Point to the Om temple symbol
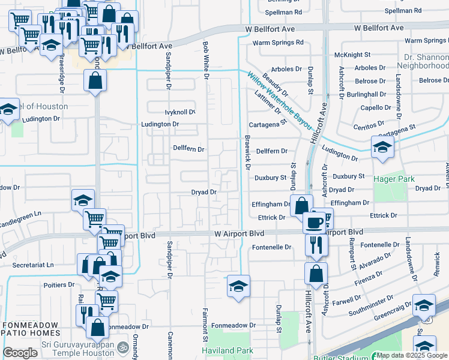(x=122, y=347)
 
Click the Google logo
(x=20, y=353)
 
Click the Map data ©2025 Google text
(x=411, y=355)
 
